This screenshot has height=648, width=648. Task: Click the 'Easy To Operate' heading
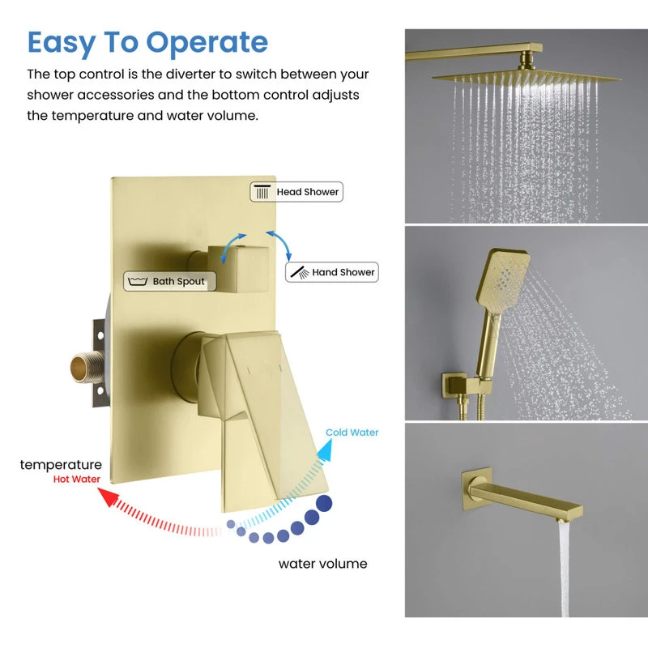click(x=147, y=42)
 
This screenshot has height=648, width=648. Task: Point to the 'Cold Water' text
click(x=352, y=433)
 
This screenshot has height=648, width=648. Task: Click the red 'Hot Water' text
click(x=77, y=479)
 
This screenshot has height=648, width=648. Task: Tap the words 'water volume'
click(x=322, y=563)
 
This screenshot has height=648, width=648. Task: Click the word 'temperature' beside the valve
click(x=61, y=465)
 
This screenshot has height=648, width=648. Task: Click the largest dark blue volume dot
click(x=324, y=504)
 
